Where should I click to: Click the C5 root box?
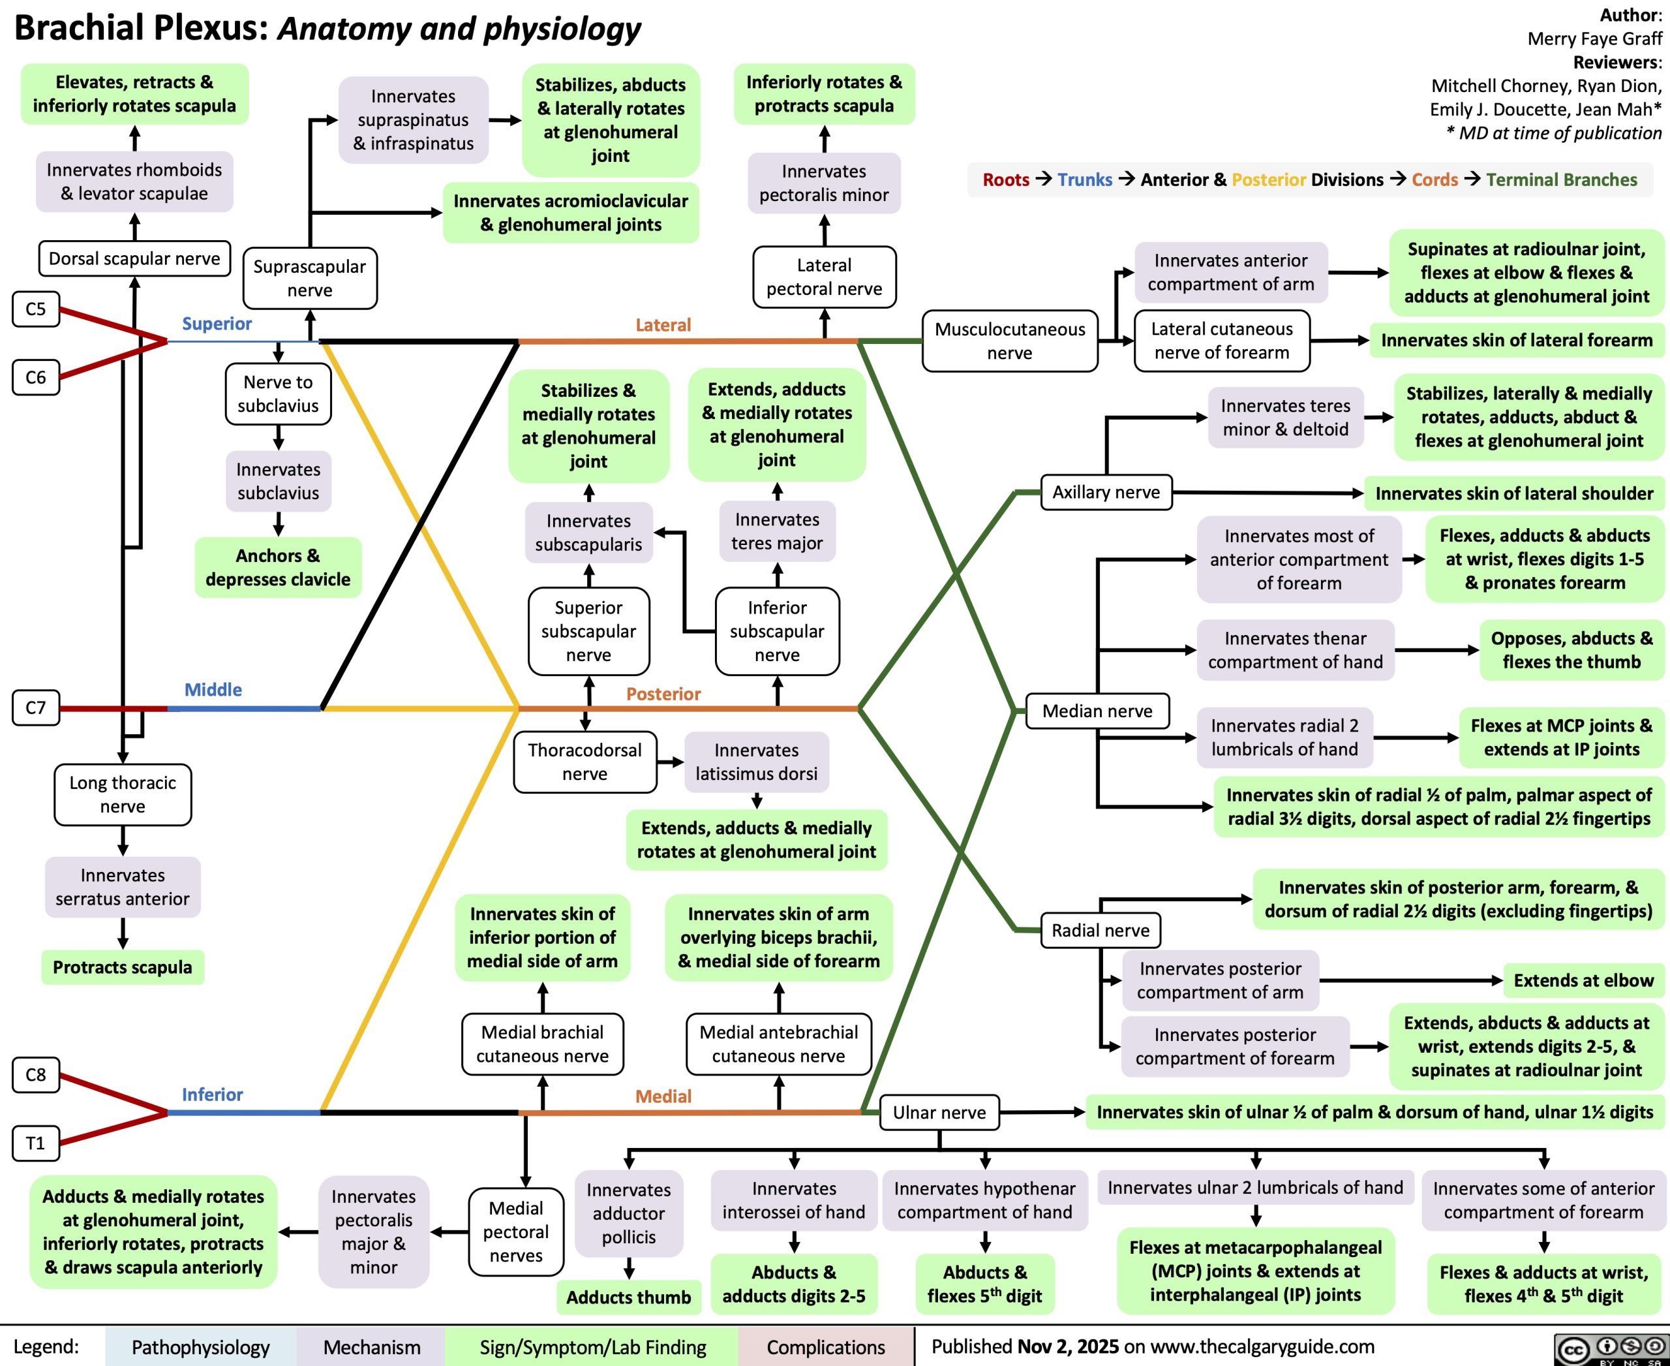click(35, 309)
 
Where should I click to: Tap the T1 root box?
click(35, 1143)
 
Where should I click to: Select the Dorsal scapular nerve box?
click(134, 259)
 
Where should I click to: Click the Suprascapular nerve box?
click(310, 278)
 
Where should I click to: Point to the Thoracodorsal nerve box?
click(584, 762)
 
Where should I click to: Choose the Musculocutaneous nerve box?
click(1009, 341)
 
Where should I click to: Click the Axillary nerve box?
click(1106, 493)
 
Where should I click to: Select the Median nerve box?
click(1097, 711)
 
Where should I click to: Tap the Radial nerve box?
click(1101, 931)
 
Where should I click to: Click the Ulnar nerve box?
click(939, 1113)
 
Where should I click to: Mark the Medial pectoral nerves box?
click(516, 1232)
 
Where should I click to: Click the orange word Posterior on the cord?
click(663, 694)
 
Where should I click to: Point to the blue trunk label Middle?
click(213, 690)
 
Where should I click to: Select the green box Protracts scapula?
click(123, 967)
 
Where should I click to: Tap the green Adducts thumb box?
click(628, 1297)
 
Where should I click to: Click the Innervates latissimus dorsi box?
click(756, 762)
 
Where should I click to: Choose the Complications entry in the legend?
click(826, 1347)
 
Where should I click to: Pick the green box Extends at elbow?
click(1583, 980)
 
